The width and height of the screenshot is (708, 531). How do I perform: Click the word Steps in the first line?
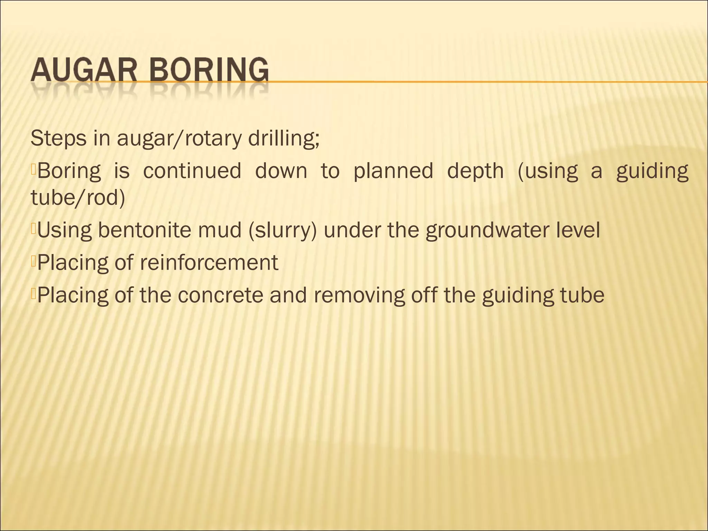[x=58, y=138]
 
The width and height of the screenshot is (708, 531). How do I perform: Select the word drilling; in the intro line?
[x=284, y=138]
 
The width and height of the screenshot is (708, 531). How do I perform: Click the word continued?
[x=192, y=171]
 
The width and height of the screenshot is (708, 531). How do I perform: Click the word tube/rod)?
[x=78, y=198]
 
